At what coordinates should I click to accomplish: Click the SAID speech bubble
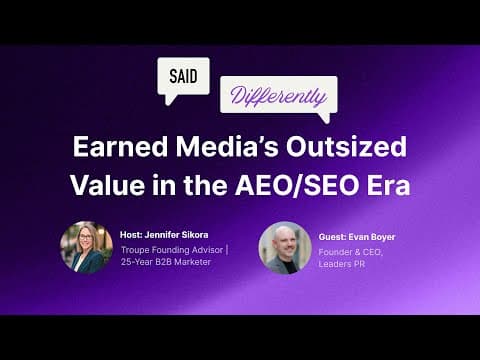click(183, 77)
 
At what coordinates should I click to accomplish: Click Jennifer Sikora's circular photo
click(86, 247)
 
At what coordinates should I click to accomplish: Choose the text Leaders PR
click(345, 265)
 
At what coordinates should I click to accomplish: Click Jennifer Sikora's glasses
click(85, 242)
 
